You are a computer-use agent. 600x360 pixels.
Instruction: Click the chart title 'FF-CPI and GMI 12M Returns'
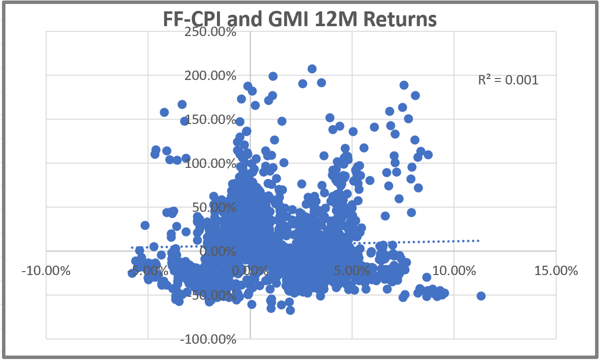(300, 20)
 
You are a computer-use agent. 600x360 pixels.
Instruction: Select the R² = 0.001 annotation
(508, 80)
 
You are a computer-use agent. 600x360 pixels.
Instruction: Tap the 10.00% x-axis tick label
(454, 271)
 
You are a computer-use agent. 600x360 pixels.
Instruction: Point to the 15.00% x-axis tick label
(556, 271)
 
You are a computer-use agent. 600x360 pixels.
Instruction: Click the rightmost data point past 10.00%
(481, 296)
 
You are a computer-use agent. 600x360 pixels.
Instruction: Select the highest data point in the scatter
(312, 69)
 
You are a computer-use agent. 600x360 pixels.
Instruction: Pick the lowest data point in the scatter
(290, 310)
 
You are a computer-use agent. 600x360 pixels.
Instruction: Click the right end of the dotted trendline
(478, 240)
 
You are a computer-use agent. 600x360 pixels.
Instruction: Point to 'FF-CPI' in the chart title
(190, 20)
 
